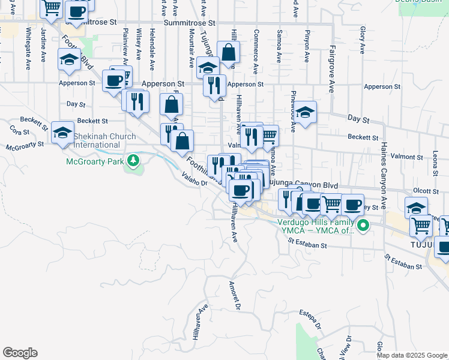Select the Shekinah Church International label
pos(97,140)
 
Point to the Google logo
pos(20,353)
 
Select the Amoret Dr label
pos(236,296)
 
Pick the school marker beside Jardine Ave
pos(69,59)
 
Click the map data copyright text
pos(412,355)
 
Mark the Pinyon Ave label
pos(307,49)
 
